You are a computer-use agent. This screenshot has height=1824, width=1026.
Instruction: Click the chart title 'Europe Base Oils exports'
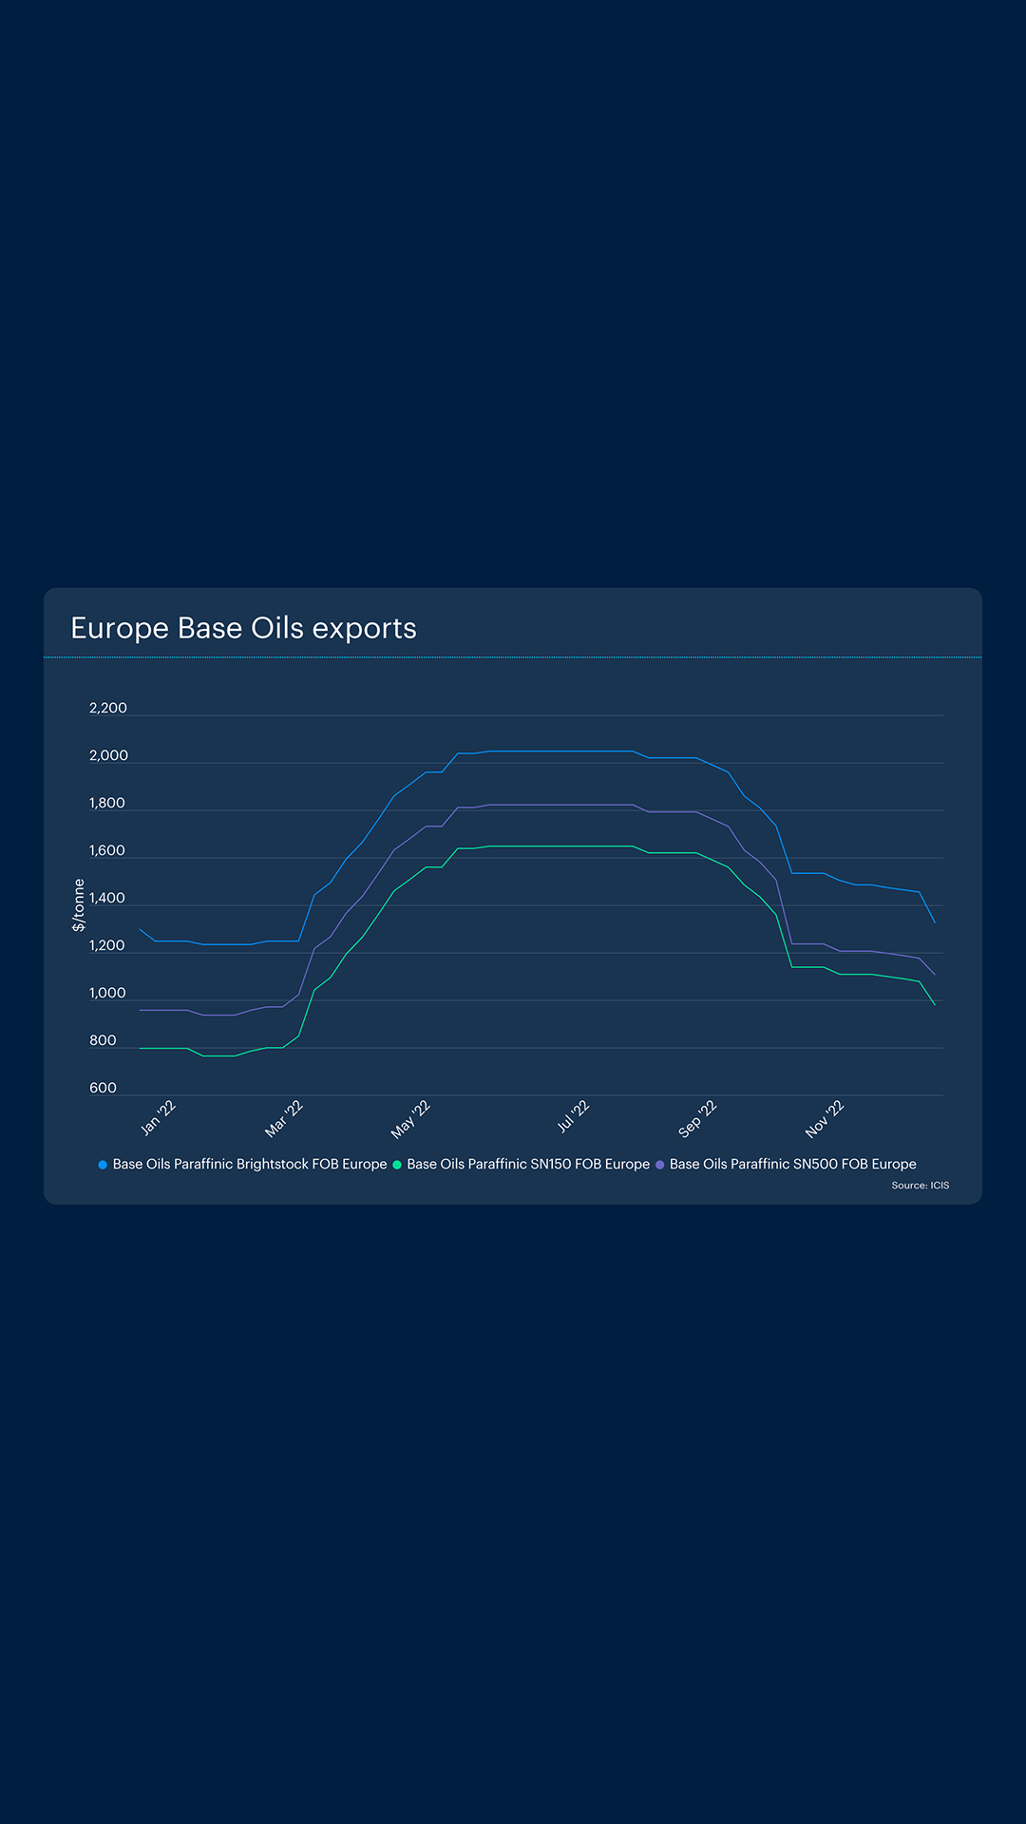coord(243,628)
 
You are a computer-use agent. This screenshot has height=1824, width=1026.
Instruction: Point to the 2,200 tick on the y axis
coord(108,708)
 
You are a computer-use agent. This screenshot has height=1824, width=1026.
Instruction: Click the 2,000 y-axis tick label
coord(108,755)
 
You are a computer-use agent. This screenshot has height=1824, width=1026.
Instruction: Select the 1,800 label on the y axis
coord(107,803)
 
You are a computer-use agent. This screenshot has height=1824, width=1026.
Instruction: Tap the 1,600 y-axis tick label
coord(107,850)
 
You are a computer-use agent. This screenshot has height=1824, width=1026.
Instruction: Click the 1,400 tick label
coord(107,898)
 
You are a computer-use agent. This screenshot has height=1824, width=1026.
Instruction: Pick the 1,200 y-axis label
coord(107,945)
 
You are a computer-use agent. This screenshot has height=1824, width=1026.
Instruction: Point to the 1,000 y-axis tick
coord(107,993)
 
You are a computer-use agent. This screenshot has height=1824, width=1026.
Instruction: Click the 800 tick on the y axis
coord(103,1040)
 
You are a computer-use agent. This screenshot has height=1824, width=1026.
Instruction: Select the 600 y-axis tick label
coord(103,1088)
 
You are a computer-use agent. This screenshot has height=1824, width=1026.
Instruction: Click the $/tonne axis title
coord(79,904)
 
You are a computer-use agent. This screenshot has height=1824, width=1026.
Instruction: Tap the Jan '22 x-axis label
coord(159,1117)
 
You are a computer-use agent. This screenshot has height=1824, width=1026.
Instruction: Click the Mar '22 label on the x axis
coord(284,1118)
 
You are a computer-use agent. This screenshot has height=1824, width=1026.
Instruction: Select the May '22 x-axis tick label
coord(410,1119)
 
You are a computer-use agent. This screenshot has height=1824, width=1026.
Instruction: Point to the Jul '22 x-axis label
coord(573,1116)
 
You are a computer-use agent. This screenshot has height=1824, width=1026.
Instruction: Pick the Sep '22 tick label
coord(697,1119)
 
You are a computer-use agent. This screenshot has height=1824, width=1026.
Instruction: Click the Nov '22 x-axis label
coord(825,1118)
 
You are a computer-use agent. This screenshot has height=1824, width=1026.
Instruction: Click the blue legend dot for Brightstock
coord(103,1165)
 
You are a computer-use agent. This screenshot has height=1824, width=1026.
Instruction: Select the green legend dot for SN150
coord(397,1165)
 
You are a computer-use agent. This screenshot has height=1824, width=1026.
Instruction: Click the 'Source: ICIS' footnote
coord(920,1186)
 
